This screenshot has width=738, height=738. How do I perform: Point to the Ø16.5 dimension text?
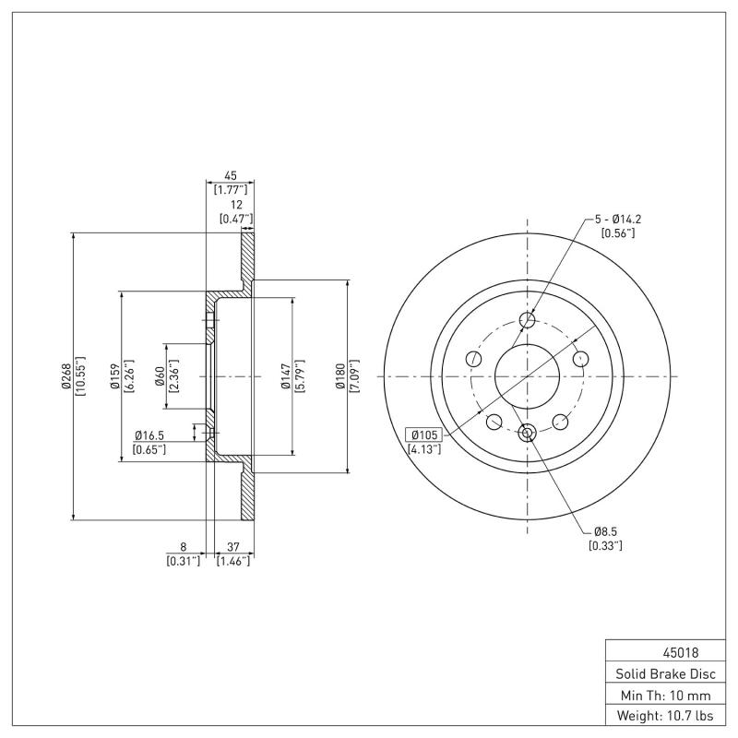[x=149, y=434]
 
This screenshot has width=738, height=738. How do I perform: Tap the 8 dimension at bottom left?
[x=183, y=546]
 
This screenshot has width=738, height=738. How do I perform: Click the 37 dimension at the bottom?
[x=232, y=546]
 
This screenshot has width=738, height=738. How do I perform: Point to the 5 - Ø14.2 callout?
[x=617, y=219]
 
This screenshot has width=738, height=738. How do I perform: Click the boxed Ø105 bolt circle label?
[x=423, y=434]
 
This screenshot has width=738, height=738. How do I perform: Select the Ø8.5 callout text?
[x=605, y=531]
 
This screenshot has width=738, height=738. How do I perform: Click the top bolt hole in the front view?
[x=528, y=320]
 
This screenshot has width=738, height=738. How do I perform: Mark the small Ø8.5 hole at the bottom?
[x=528, y=433]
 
